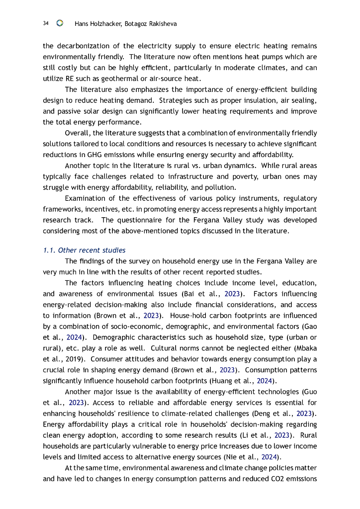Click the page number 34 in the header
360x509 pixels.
click(46, 23)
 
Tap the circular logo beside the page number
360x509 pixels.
click(60, 23)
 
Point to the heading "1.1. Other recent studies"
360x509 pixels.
click(84, 250)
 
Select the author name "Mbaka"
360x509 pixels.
click(304, 348)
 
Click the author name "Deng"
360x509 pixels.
click(264, 414)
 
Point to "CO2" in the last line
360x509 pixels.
click(273, 479)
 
